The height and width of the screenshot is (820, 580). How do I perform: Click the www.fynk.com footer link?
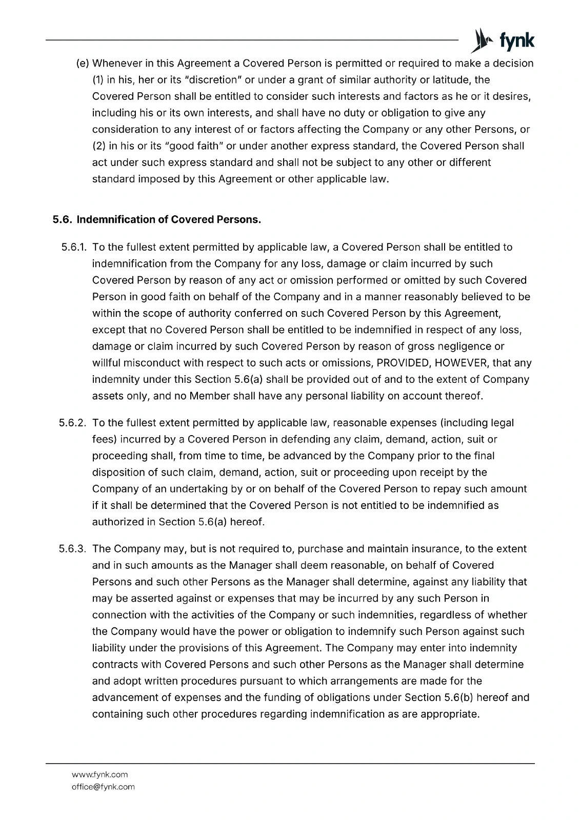click(x=100, y=774)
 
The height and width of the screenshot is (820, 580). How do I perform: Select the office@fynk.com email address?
click(x=103, y=787)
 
